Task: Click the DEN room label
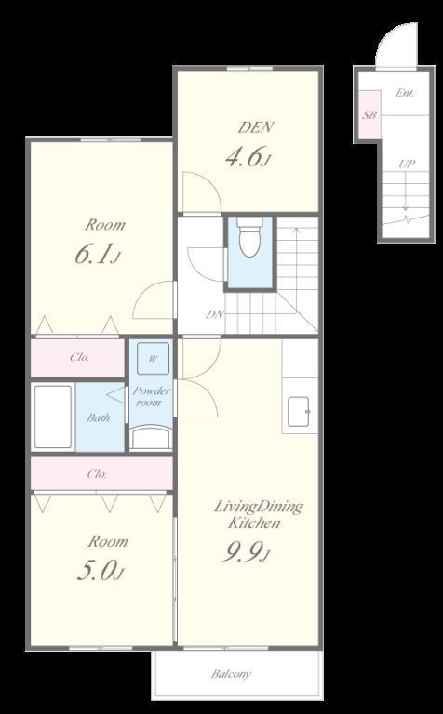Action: [x=256, y=127]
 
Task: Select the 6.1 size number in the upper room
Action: [x=98, y=255]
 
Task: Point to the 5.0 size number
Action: [x=101, y=571]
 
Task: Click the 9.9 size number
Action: [x=246, y=553]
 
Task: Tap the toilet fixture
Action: [x=249, y=237]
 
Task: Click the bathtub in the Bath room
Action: [x=53, y=416]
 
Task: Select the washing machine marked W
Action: [x=154, y=358]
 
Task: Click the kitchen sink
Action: [x=298, y=412]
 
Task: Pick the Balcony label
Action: [x=231, y=673]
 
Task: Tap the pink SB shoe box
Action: [x=369, y=113]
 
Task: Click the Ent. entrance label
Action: [x=404, y=93]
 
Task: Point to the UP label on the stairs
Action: [x=407, y=164]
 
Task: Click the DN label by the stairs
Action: [x=214, y=313]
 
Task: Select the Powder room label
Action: [x=152, y=397]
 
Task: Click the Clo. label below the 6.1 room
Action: [x=80, y=357]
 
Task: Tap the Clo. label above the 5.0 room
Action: [x=97, y=474]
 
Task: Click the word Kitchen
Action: [x=254, y=522]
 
